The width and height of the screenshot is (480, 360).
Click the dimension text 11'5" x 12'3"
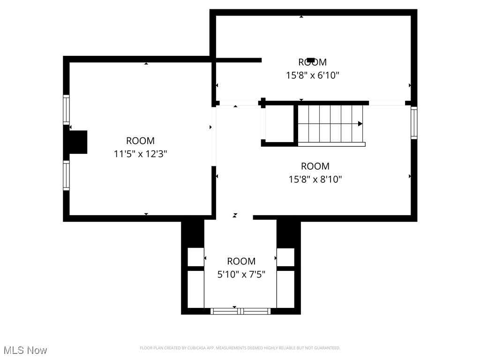(x=140, y=154)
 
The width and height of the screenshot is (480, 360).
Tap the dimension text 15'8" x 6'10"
(x=312, y=75)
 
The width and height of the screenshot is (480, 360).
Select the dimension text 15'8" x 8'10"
(x=315, y=179)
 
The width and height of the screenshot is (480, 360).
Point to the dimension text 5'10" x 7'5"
(x=241, y=274)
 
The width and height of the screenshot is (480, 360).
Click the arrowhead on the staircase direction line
(x=360, y=124)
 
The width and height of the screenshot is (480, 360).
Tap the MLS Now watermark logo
(x=25, y=350)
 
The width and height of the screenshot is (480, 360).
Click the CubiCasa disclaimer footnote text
(x=240, y=348)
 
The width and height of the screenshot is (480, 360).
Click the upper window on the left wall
(x=66, y=110)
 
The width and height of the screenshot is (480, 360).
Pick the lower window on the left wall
(x=66, y=175)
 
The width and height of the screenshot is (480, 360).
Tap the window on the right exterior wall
(x=414, y=123)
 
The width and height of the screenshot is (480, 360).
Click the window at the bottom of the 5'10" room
(x=240, y=311)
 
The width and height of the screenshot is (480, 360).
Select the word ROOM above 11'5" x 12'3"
(x=140, y=141)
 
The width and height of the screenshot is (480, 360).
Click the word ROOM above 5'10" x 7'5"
(x=241, y=261)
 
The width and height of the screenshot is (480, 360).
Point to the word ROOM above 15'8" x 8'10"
(x=315, y=166)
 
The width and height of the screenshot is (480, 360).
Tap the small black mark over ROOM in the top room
(x=311, y=60)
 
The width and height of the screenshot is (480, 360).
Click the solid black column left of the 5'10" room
(x=193, y=233)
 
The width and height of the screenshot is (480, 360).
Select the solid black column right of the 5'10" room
(x=288, y=233)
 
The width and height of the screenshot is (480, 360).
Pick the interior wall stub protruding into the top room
(x=238, y=60)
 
